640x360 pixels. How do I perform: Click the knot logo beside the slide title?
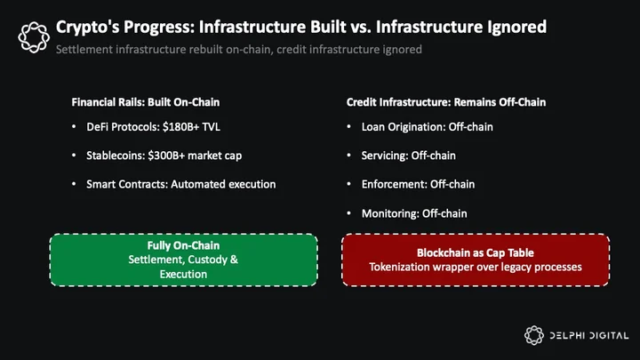coord(34,37)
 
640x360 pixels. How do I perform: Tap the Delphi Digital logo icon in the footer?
coord(534,335)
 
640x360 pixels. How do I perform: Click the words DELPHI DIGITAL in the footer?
coord(588,335)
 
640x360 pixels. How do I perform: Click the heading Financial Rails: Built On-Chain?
coord(145,102)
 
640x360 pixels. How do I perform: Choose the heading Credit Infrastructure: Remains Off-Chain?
coord(446,102)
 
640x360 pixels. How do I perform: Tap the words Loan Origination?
coord(404,127)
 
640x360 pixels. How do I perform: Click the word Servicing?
coord(385,156)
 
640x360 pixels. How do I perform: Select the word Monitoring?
coord(390,213)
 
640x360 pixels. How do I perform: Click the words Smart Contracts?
coord(127,184)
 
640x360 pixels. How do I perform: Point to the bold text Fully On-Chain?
coord(183,245)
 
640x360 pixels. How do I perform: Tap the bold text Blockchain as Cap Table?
coord(475,252)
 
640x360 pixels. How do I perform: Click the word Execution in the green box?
coord(183,275)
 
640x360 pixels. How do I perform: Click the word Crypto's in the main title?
coord(87,28)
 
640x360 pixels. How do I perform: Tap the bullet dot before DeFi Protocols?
coord(74,127)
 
